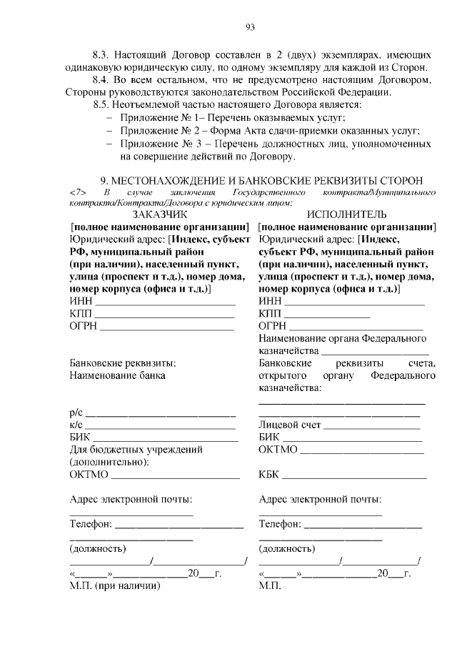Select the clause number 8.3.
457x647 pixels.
click(104, 55)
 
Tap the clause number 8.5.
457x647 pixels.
click(104, 104)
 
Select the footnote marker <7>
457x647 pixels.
click(79, 193)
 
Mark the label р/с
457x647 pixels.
click(76, 413)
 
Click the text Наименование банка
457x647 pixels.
click(117, 374)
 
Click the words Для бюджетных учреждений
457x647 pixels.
click(136, 450)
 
